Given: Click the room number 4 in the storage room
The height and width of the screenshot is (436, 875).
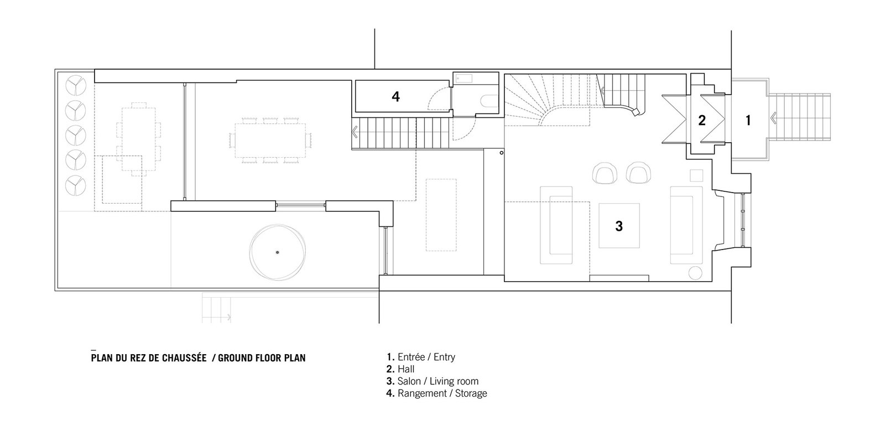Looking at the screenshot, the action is tap(395, 96).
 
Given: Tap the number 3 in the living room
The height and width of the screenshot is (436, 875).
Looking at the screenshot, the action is tap(619, 226).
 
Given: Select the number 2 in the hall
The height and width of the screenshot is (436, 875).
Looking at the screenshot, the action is tap(702, 120).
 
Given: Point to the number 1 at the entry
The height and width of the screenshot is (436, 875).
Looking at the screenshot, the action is tap(748, 120).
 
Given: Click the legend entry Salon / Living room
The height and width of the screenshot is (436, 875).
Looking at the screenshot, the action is tap(433, 381).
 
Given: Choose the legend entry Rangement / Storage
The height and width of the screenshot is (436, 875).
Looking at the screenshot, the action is tap(437, 393).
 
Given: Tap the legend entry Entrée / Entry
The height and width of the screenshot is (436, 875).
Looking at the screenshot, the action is tap(421, 357).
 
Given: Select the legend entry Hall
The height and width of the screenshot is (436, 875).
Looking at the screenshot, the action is tap(400, 369).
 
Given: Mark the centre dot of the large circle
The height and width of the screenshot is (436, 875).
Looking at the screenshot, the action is tap(277, 252).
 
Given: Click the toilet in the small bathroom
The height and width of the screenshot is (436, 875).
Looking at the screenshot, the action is tap(489, 101).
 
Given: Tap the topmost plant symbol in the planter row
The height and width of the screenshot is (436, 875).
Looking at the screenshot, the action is tap(75, 85).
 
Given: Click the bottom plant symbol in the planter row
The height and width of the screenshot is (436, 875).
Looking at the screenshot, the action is tap(75, 185).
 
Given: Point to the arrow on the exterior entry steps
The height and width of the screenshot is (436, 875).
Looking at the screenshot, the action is tap(773, 118).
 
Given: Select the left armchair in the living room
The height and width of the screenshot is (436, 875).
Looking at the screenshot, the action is tap(605, 173).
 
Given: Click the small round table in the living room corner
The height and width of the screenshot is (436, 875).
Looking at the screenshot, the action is tap(695, 273).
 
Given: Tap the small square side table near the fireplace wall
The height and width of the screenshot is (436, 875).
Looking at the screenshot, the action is tap(696, 175).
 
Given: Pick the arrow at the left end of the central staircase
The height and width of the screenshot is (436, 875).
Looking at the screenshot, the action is tap(355, 132).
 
